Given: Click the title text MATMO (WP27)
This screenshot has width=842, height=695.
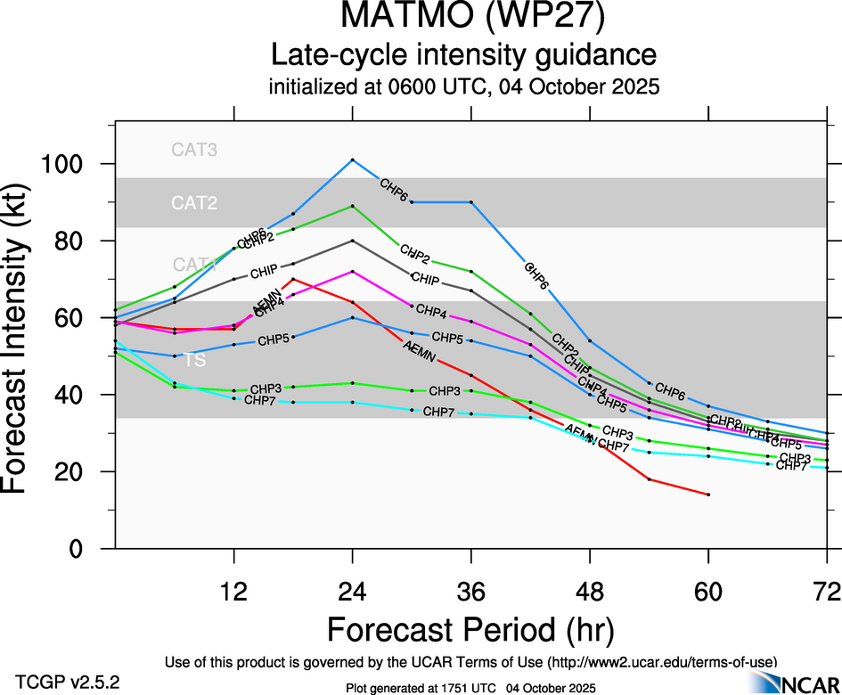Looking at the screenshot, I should click(462, 19).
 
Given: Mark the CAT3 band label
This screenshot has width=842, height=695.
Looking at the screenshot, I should click(194, 150).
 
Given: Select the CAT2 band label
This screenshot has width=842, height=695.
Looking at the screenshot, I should click(194, 204).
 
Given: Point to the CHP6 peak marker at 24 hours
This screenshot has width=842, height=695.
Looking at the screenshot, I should click(353, 159).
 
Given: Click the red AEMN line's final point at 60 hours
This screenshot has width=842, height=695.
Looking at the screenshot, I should click(708, 494).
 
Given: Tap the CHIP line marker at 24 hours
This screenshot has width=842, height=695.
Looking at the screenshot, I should click(353, 241).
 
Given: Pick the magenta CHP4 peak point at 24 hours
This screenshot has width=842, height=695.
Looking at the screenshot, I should click(353, 271).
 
